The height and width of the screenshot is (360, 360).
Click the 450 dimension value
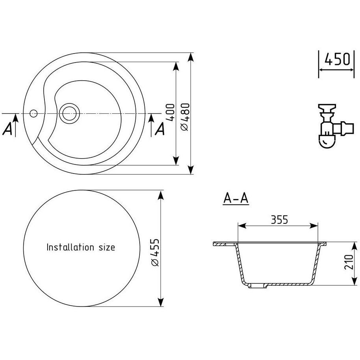(337, 59)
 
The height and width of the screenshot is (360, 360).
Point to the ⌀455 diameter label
(155, 253)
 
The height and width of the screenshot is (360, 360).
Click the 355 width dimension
(279, 220)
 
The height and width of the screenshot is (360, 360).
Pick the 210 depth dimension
(349, 262)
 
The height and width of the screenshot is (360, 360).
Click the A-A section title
(236, 198)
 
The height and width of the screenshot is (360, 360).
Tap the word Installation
(70, 247)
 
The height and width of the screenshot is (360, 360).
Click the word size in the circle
(107, 247)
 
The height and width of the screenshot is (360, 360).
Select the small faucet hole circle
(33, 113)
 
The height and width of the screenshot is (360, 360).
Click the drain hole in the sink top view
(69, 113)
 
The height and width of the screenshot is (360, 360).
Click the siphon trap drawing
(336, 126)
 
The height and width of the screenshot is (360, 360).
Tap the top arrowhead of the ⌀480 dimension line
(190, 57)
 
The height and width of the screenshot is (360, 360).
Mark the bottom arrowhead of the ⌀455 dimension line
(161, 302)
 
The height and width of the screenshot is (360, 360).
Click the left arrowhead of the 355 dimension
(242, 226)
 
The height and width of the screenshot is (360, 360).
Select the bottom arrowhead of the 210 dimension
(355, 281)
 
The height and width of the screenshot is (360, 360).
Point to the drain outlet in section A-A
(258, 286)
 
